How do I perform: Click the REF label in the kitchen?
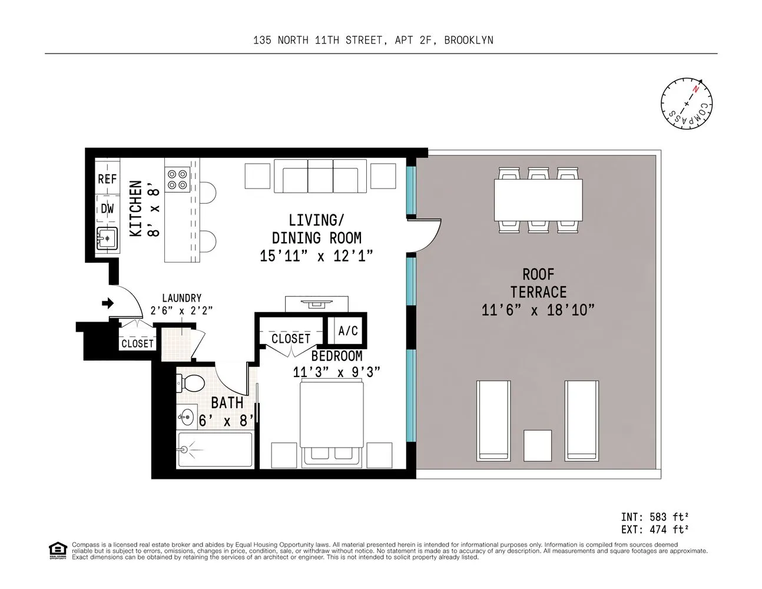[x=107, y=179]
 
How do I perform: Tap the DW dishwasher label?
[x=107, y=209]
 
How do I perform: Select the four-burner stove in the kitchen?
[x=177, y=180]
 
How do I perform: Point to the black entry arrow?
[x=107, y=303]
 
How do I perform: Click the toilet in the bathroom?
[x=191, y=383]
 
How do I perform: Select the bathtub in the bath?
[x=215, y=450]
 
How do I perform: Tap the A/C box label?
[x=348, y=331]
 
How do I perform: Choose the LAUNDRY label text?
[x=181, y=298]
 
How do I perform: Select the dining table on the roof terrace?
[x=538, y=200]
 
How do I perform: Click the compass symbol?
[x=686, y=103]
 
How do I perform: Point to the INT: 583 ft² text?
[x=654, y=517]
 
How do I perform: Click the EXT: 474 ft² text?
[x=654, y=530]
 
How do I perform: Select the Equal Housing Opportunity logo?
[x=58, y=551]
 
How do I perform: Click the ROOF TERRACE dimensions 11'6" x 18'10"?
[x=538, y=310]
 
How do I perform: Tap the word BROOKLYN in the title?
[x=468, y=40]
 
